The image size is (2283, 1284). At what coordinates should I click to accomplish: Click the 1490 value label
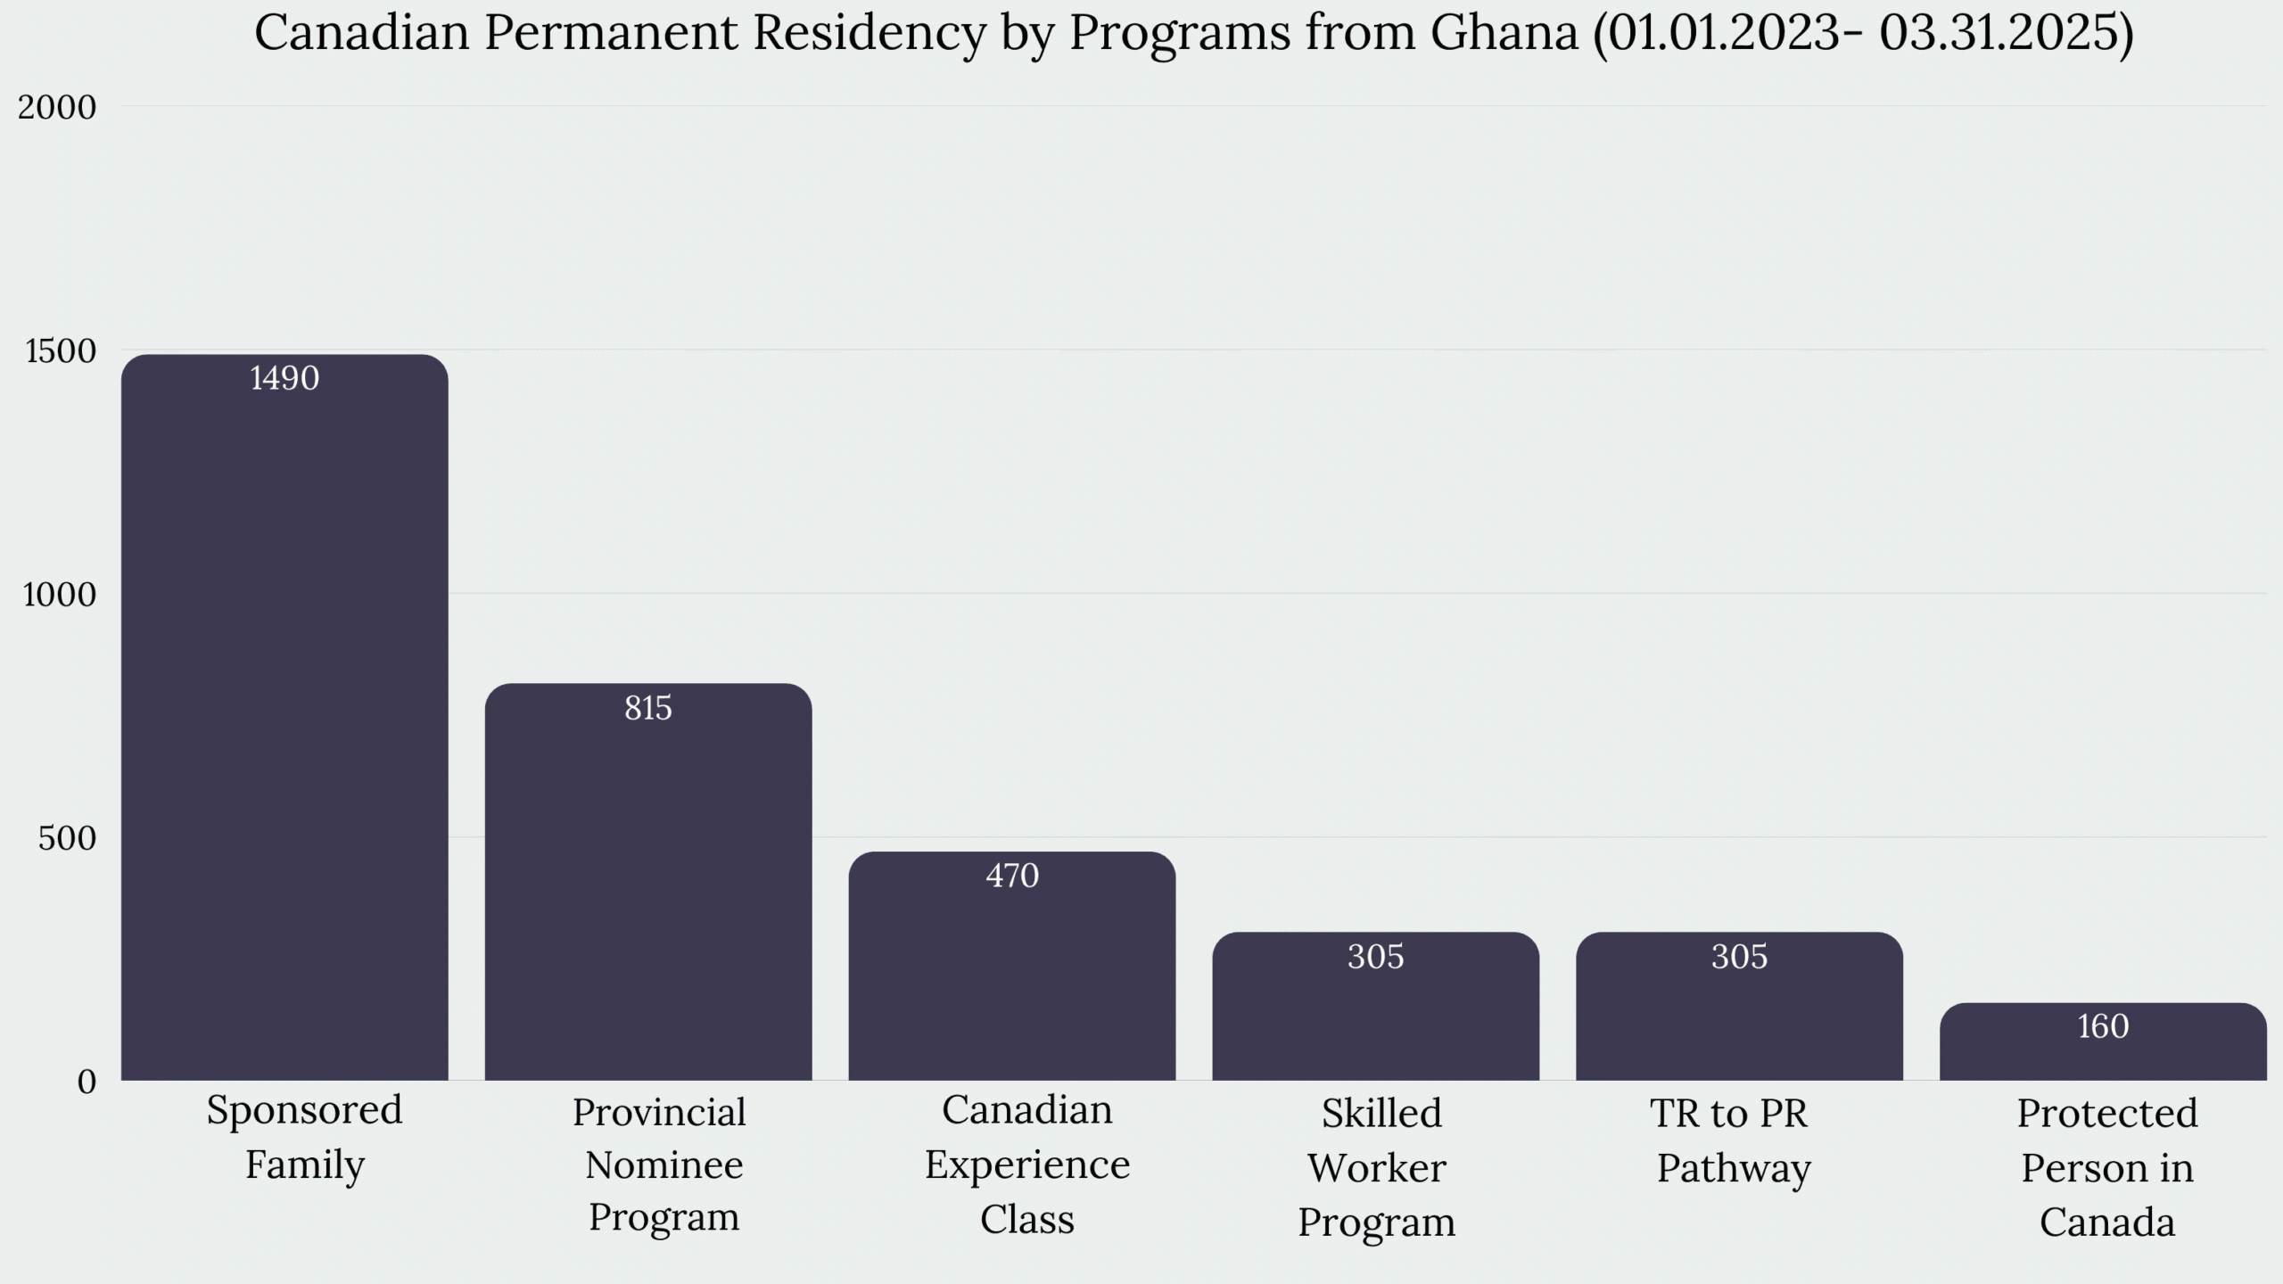click(x=284, y=379)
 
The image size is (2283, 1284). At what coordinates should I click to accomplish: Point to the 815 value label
click(x=648, y=708)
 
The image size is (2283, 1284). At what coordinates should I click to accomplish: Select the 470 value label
click(x=1012, y=877)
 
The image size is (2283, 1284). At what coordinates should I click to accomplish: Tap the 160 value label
click(x=2103, y=1027)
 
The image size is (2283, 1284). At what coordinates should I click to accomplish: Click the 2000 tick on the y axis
click(x=57, y=108)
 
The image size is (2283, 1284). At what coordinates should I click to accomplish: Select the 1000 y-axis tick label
click(x=60, y=595)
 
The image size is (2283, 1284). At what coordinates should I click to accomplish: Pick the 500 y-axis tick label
click(x=67, y=839)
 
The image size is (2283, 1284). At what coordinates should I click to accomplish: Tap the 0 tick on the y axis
click(x=87, y=1082)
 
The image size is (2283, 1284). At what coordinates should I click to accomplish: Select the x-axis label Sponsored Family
click(x=305, y=1138)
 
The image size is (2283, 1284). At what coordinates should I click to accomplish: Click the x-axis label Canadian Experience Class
click(x=1027, y=1165)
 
